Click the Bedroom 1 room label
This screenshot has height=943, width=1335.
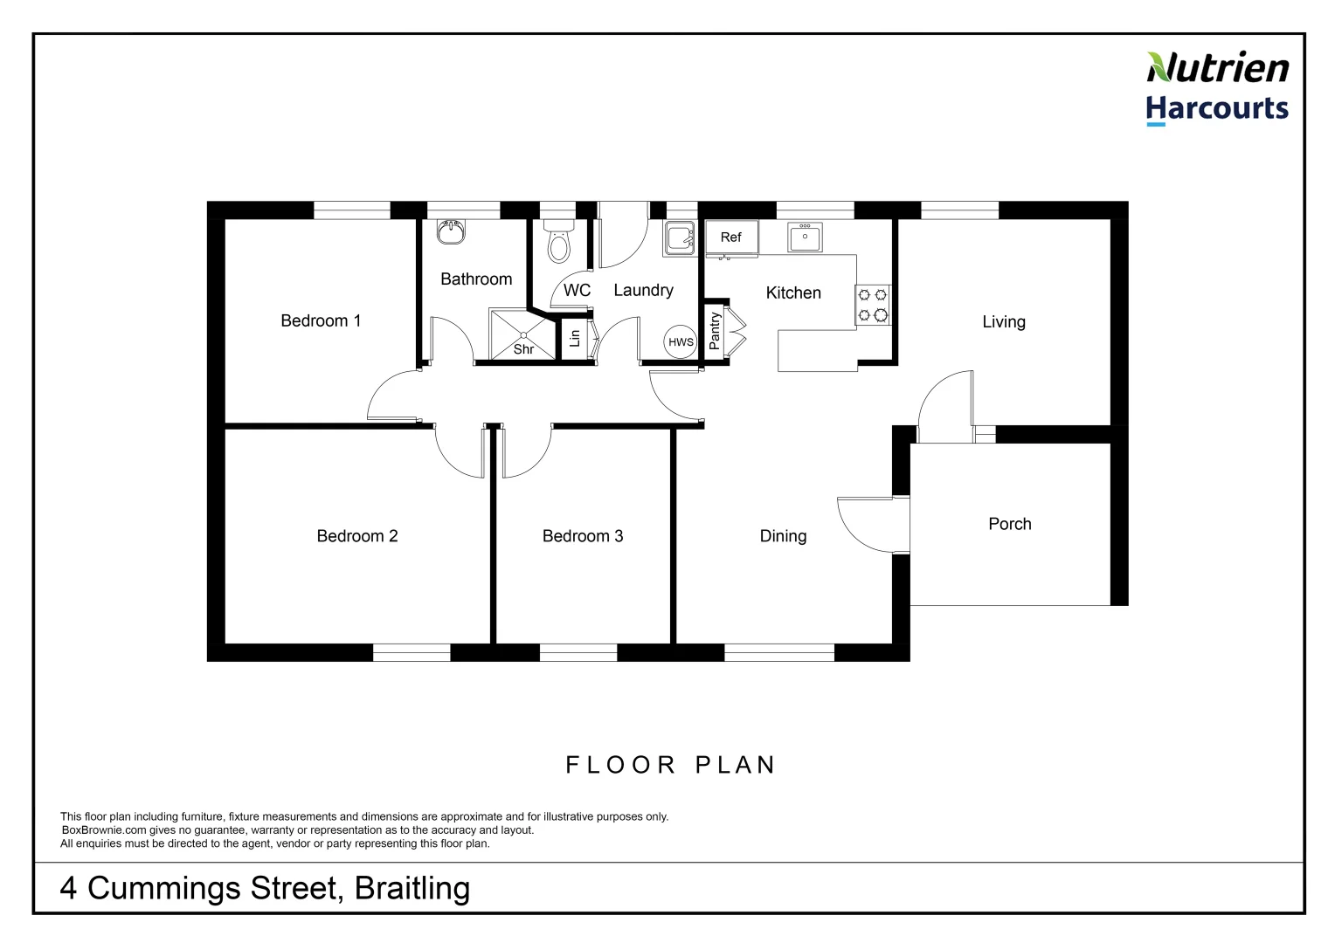point(321,320)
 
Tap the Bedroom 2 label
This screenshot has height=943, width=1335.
point(356,536)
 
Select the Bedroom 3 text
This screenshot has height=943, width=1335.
point(583,536)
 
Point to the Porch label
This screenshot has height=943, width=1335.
point(1009,524)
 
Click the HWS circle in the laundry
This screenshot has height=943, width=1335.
point(681,342)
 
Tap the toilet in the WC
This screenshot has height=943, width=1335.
point(557,242)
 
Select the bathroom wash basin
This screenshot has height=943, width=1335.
point(451,232)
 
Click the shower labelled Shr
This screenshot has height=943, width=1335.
point(522,334)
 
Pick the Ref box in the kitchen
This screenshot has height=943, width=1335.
point(731,237)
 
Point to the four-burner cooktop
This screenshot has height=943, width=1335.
point(872,305)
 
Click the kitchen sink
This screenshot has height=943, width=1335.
point(805,237)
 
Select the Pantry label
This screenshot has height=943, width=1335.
point(715,332)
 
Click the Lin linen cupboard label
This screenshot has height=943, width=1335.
point(574,337)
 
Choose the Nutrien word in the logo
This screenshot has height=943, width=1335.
point(1217,68)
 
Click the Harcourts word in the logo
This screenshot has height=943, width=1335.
point(1216,108)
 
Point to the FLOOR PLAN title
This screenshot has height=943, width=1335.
point(671,765)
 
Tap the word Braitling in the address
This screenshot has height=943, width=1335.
point(412,888)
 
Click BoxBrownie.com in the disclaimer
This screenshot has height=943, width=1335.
point(103,830)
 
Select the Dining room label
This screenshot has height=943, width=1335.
point(783,536)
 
